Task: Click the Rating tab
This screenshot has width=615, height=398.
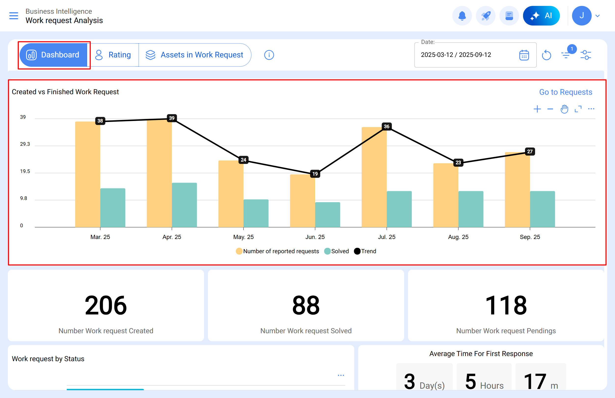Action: pyautogui.click(x=113, y=55)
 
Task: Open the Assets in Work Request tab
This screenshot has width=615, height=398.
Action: pyautogui.click(x=194, y=55)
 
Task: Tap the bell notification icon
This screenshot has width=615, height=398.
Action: pyautogui.click(x=462, y=16)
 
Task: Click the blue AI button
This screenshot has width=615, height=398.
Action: pyautogui.click(x=541, y=16)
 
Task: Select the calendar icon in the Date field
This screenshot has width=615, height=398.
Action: pyautogui.click(x=524, y=55)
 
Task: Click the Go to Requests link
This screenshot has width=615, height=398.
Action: pyautogui.click(x=565, y=92)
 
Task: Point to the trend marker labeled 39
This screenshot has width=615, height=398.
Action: pyautogui.click(x=172, y=118)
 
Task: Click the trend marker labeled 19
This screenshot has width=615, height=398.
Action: pyautogui.click(x=315, y=174)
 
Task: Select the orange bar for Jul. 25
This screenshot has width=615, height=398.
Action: pyautogui.click(x=374, y=177)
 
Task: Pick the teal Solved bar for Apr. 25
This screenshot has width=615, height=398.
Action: pyautogui.click(x=184, y=205)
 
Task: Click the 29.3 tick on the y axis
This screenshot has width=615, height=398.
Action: pyautogui.click(x=25, y=144)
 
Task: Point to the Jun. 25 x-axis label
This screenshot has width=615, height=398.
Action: pyautogui.click(x=315, y=237)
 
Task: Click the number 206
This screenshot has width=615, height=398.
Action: pyautogui.click(x=106, y=305)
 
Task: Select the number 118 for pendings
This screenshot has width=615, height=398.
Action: pyautogui.click(x=506, y=305)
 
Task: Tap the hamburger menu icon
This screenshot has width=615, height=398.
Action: pyautogui.click(x=14, y=16)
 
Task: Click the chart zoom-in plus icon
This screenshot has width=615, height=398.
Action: pyautogui.click(x=537, y=109)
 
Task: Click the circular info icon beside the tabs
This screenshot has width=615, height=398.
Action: pyautogui.click(x=269, y=55)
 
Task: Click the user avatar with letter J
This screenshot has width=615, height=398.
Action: pyautogui.click(x=581, y=16)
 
